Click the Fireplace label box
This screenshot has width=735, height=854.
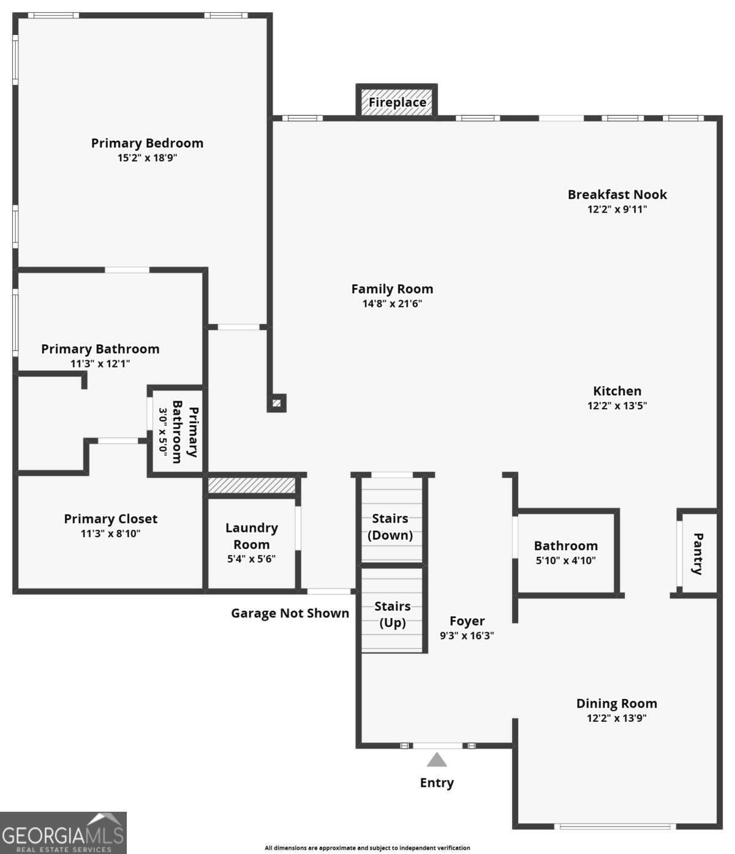(397, 102)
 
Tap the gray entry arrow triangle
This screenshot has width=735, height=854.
(437, 760)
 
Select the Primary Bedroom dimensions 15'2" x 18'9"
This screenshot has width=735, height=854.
(147, 158)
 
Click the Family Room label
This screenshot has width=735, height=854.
(392, 289)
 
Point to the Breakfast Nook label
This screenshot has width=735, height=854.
(617, 194)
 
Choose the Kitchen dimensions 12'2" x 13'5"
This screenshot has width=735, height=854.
(617, 406)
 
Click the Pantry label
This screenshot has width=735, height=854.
(698, 554)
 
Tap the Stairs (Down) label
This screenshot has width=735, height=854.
(390, 527)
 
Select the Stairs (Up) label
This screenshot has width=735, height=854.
(392, 614)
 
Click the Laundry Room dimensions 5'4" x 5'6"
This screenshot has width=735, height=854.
(251, 559)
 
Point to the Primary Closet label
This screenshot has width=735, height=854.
(111, 519)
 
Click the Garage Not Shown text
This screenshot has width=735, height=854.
(290, 613)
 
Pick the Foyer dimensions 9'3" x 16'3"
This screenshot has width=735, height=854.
(467, 636)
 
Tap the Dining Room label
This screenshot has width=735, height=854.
(616, 703)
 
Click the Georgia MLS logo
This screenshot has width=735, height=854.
(63, 833)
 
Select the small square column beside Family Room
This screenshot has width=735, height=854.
(276, 403)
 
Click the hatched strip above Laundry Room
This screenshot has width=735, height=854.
(251, 486)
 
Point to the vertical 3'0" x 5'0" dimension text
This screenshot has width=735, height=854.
(163, 430)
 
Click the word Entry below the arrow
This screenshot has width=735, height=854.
(437, 783)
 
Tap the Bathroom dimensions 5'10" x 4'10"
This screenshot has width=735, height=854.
(565, 561)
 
